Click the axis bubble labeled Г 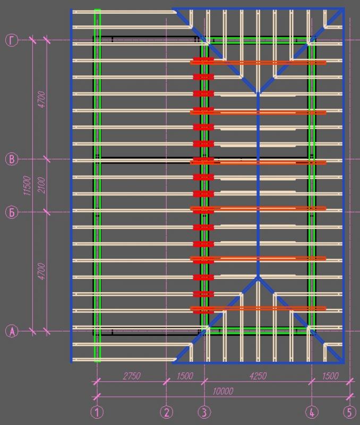12,40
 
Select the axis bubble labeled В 12,159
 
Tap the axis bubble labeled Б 12,212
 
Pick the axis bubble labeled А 12,331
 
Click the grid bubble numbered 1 97,412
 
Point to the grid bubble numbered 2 166,412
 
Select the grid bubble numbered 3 204,412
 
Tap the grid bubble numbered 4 312,412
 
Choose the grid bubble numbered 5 349,412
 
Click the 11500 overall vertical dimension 27,185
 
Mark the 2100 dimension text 41,185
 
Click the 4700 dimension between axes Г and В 41,99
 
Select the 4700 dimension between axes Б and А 41,271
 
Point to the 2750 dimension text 132,376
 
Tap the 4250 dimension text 258,376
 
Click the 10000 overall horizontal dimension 222,391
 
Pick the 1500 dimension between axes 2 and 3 185,376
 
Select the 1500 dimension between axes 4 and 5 330,376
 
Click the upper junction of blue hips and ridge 258,93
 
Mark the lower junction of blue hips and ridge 258,277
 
